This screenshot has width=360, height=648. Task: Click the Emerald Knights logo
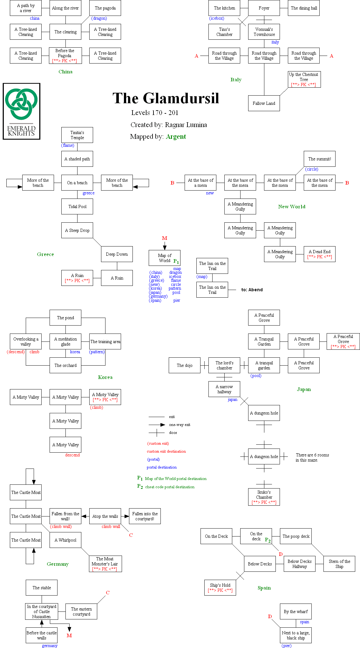(x=22, y=111)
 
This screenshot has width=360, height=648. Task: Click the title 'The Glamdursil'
(x=166, y=98)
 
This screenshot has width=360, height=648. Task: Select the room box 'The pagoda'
(x=105, y=8)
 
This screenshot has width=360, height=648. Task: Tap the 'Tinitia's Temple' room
(x=77, y=135)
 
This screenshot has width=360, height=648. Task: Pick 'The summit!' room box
(x=319, y=159)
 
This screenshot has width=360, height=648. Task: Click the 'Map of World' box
(x=165, y=258)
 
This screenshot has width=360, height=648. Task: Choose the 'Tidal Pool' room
(x=77, y=206)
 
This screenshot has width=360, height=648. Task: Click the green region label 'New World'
(x=292, y=206)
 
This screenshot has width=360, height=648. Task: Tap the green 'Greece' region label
(x=45, y=254)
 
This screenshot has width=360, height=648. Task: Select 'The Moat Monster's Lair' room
(x=105, y=564)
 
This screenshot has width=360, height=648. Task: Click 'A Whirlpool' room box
(x=65, y=540)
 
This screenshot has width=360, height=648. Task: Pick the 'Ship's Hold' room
(x=220, y=588)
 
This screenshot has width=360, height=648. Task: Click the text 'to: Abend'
(x=252, y=290)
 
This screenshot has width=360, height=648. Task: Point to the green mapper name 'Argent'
(x=176, y=137)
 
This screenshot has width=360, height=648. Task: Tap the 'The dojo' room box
(x=185, y=365)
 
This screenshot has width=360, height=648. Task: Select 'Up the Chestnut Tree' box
(x=304, y=79)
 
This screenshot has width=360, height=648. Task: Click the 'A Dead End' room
(x=319, y=254)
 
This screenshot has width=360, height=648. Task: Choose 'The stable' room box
(x=42, y=588)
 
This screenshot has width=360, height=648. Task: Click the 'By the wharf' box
(x=296, y=611)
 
